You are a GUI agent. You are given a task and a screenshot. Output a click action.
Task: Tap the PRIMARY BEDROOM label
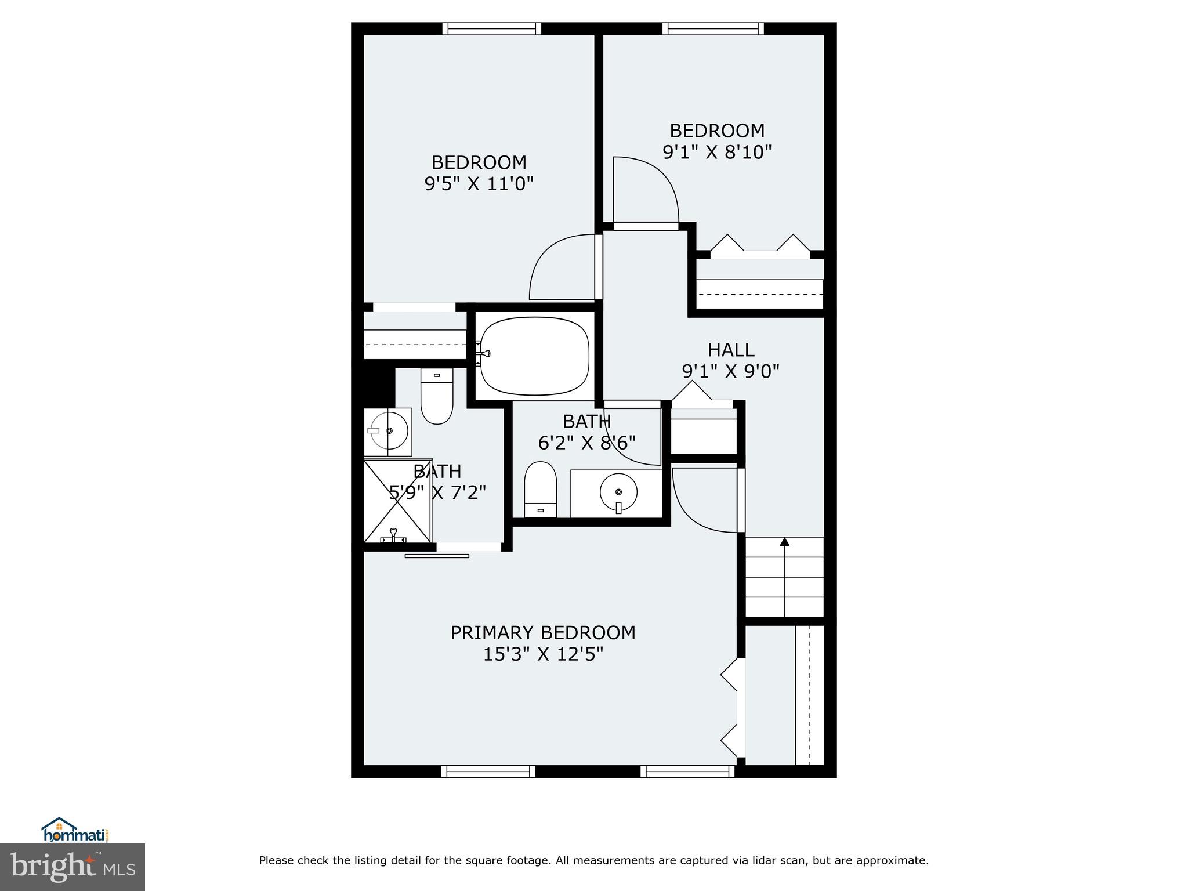pos(542,632)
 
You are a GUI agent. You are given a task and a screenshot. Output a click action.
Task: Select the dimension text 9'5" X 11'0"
pos(479,184)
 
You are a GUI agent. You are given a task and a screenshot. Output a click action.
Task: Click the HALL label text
pos(730,350)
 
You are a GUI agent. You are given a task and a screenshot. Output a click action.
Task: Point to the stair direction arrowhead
pos(784,542)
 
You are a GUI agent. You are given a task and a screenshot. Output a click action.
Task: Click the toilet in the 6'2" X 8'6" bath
pos(540,488)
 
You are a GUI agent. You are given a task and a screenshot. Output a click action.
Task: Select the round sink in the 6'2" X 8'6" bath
pos(618,492)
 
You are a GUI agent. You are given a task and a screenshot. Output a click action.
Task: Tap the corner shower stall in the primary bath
pos(398,501)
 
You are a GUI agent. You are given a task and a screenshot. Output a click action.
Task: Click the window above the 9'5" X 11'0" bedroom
pos(491,29)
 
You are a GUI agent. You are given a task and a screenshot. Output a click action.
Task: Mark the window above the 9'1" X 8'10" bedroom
pos(712,29)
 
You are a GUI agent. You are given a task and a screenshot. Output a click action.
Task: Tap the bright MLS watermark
pos(73,867)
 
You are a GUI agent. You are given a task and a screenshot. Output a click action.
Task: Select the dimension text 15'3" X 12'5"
pos(543,654)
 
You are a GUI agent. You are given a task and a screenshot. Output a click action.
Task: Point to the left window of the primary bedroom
pos(488,771)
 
